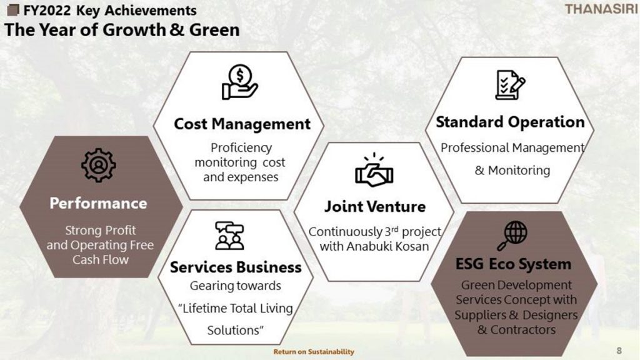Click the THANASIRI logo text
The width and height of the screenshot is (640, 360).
coord(601,9)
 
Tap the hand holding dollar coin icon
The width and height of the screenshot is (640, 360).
coord(239,82)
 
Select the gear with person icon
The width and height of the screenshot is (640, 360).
coord(98,165)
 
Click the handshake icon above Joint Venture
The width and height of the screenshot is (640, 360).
coord(374,170)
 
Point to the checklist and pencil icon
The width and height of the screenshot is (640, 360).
coord(510,85)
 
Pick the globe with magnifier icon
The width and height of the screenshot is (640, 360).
coord(512,236)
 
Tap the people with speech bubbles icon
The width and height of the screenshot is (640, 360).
coord(229,236)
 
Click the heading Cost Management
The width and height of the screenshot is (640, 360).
coord(242,124)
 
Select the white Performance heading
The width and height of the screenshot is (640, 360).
coord(98,203)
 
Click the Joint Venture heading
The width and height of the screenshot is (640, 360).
coord(375,206)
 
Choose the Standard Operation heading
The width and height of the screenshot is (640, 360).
coord(510,122)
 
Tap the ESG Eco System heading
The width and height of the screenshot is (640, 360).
coord(513,264)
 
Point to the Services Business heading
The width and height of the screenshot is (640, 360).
coord(236,267)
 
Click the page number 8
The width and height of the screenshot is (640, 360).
coord(619,350)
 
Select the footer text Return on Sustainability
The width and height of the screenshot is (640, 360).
coord(314,351)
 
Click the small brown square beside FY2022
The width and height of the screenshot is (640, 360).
coord(14,10)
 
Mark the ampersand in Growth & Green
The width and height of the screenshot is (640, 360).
coord(177,30)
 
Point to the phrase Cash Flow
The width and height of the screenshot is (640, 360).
coord(101,259)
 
